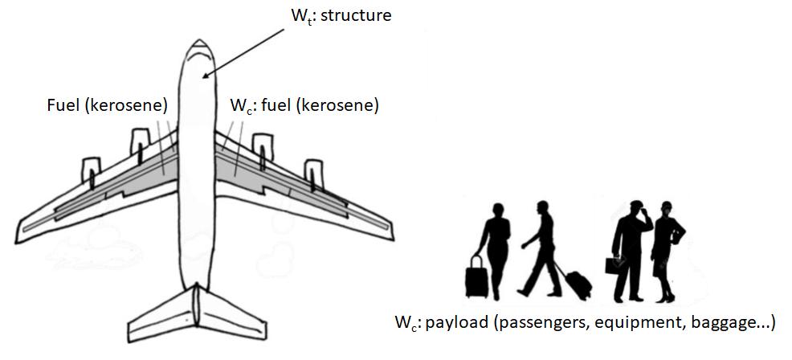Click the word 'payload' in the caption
pyautogui.click(x=457, y=323)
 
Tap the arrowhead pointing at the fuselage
pyautogui.click(x=207, y=77)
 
